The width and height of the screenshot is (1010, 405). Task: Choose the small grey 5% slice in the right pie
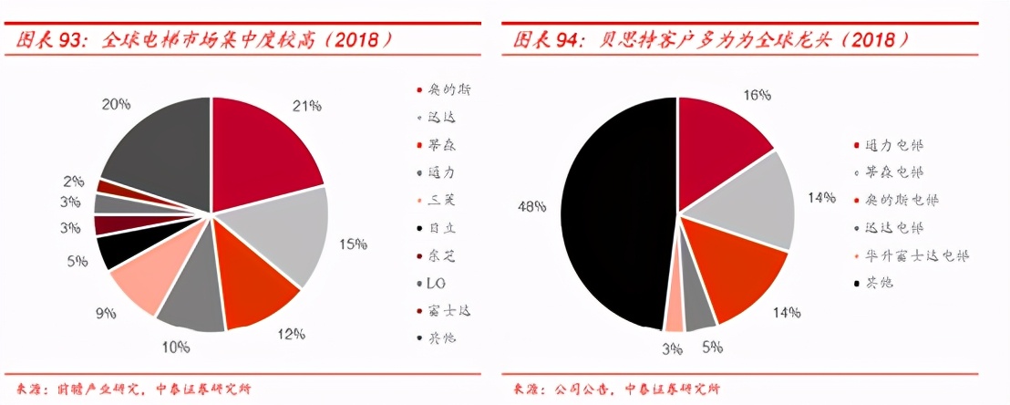(700, 310)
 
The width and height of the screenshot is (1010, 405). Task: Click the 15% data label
(353, 244)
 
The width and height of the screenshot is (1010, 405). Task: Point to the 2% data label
(73, 182)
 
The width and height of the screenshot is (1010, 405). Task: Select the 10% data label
(176, 347)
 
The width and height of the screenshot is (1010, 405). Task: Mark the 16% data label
(757, 95)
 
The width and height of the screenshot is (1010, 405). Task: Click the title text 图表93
(44, 40)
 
